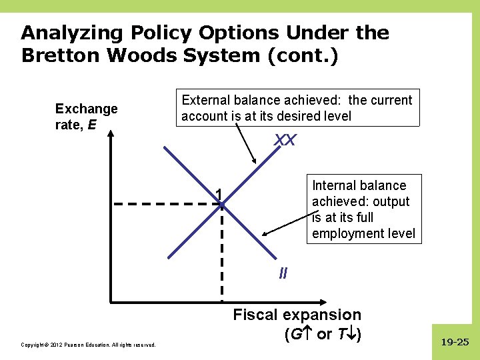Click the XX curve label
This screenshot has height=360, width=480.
click(x=285, y=141)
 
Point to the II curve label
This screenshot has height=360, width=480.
click(x=283, y=273)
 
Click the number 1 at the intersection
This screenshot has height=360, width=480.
click(x=218, y=194)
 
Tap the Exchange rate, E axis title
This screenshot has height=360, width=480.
click(x=86, y=116)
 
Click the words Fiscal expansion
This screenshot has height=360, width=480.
click(x=297, y=315)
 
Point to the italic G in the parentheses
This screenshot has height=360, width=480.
click(x=292, y=334)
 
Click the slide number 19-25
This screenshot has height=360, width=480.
click(x=455, y=343)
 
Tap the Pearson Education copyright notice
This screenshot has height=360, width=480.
click(x=89, y=345)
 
